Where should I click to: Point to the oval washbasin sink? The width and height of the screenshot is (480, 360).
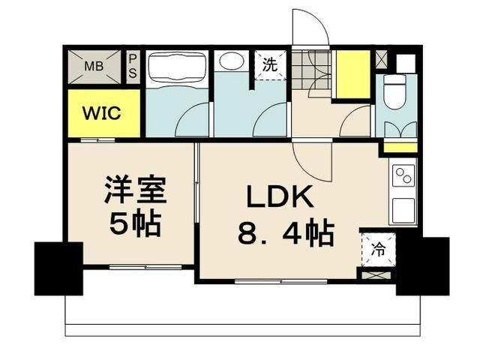click(229, 64)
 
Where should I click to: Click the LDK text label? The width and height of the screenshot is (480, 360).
click(280, 197)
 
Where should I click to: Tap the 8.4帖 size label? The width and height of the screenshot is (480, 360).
click(286, 235)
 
